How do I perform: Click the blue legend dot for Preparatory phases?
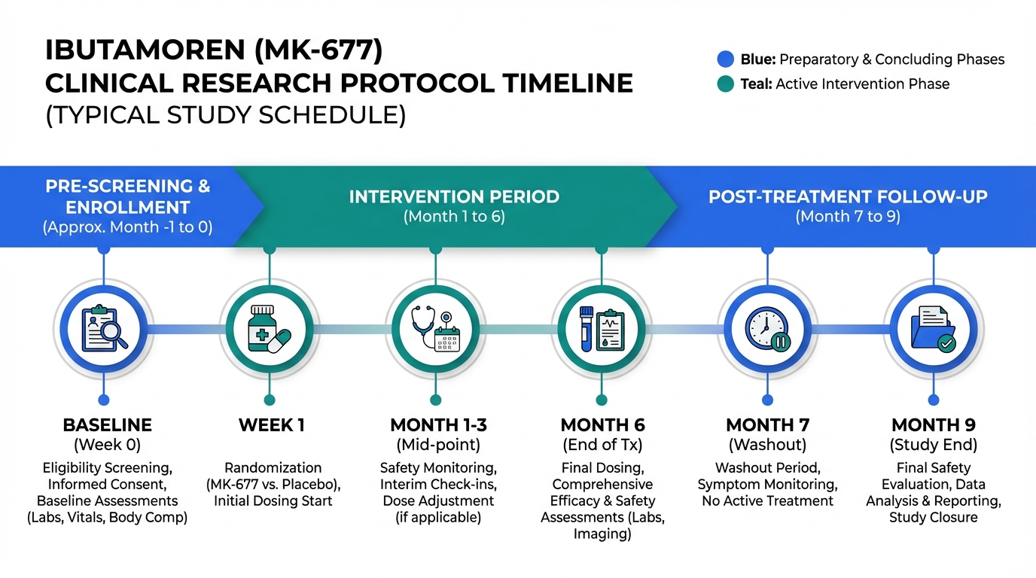pyautogui.click(x=725, y=59)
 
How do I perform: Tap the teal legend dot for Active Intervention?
pyautogui.click(x=725, y=84)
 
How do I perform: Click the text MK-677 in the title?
pyautogui.click(x=318, y=50)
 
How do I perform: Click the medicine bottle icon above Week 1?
pyautogui.click(x=262, y=328)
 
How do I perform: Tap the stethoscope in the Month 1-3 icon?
pyautogui.click(x=424, y=324)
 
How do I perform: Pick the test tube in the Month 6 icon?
pyautogui.click(x=587, y=329)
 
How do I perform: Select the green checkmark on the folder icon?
pyautogui.click(x=946, y=343)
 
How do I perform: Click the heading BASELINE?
pyautogui.click(x=108, y=425)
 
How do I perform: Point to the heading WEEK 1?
pyautogui.click(x=272, y=425)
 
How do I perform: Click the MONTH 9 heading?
pyautogui.click(x=934, y=425)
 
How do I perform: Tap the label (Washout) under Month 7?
pyautogui.click(x=767, y=445)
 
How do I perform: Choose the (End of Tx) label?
pyautogui.click(x=602, y=445)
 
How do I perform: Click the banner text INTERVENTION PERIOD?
pyautogui.click(x=454, y=197)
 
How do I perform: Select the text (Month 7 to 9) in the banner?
pyautogui.click(x=848, y=217)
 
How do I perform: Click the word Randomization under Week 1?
pyautogui.click(x=273, y=468)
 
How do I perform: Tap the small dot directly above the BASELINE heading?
pyautogui.click(x=104, y=400)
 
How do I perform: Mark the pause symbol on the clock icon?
pyautogui.click(x=781, y=342)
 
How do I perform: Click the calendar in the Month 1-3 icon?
pyautogui.click(x=447, y=339)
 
